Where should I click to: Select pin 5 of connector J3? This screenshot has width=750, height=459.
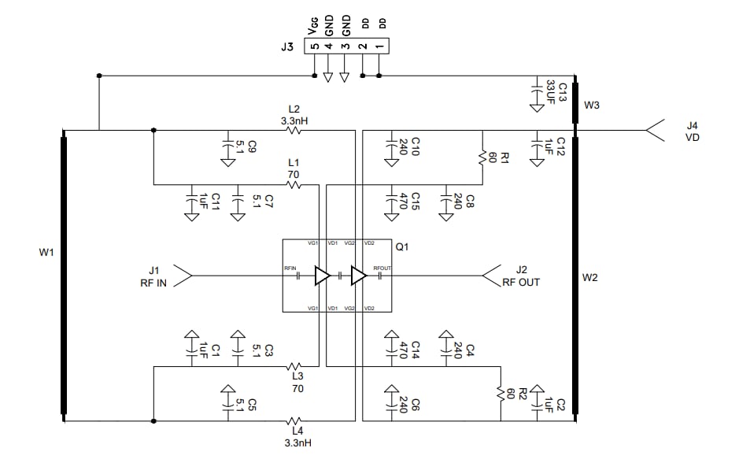315,46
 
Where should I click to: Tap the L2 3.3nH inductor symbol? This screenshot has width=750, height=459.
294,131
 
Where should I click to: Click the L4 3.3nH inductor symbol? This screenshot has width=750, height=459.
294,421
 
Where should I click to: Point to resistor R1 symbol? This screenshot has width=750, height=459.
482,157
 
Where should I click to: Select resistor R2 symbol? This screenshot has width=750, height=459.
500,392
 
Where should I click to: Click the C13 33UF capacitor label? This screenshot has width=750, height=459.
556,90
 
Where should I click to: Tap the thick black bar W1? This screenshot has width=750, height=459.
64,276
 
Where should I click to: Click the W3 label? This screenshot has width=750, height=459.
593,105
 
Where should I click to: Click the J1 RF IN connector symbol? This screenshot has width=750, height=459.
182,276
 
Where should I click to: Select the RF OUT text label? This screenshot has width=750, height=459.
521,283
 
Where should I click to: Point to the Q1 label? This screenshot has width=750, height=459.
402,247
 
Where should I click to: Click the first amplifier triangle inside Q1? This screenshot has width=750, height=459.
322,276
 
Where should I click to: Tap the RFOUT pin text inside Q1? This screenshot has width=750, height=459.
382,269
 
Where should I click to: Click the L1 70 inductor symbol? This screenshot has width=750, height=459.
294,185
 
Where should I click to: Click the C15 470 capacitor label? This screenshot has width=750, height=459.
410,200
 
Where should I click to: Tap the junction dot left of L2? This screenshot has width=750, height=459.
152,131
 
